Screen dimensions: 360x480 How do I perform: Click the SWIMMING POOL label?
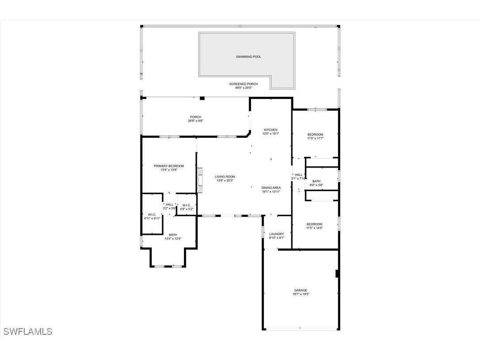tap(248, 57)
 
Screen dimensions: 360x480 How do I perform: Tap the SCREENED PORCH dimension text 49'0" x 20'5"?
tap(243, 88)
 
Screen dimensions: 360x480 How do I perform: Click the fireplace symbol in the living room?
tap(200, 180)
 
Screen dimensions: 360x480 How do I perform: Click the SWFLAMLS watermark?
tap(27, 331)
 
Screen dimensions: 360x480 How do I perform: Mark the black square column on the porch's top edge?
tap(202, 98)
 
